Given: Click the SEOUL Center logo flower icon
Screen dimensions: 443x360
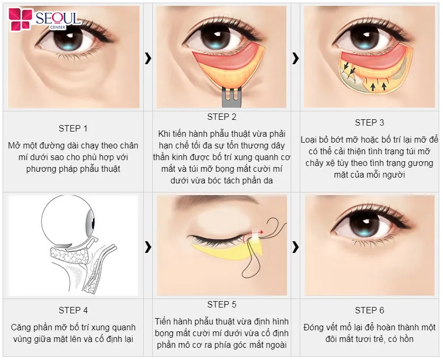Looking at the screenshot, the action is coord(20,19).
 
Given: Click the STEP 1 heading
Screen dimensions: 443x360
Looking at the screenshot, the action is coord(73,128).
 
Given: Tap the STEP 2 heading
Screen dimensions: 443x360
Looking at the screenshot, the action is coord(222,117).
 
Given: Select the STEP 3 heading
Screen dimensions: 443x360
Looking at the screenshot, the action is coord(369,122).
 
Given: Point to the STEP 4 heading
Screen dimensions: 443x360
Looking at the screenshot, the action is coord(73,310).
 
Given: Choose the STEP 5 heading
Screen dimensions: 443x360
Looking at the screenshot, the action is coord(222,304).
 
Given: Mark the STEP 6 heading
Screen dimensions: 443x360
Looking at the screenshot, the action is coord(369,310).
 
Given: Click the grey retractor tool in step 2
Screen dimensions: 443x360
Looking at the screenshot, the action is coord(232,97).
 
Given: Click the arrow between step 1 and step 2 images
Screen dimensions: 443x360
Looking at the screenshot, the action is coord(148,58).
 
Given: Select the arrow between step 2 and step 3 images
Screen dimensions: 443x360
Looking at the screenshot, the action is coord(296,58).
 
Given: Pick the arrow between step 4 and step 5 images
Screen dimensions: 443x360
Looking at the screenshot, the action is coord(148,247).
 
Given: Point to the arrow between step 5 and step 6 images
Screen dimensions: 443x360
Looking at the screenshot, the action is coord(296,247).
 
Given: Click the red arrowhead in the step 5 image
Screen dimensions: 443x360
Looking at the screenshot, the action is coord(262,232).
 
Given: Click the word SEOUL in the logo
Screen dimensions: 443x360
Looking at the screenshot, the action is coord(57,19).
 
